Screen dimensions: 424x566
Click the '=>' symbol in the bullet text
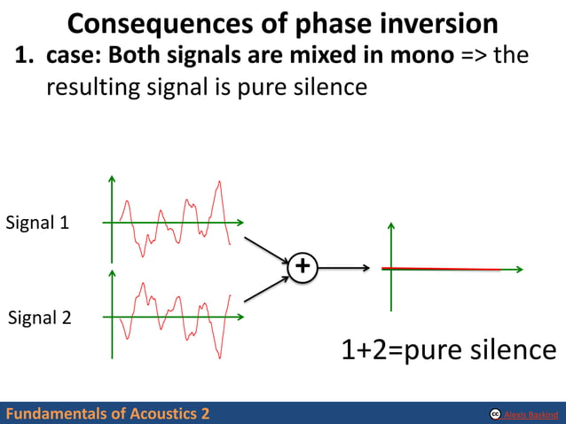(474, 56)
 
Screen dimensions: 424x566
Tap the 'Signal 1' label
(37, 223)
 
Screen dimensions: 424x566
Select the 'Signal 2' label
(39, 317)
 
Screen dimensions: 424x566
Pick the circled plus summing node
(303, 266)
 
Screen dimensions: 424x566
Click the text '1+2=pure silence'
(449, 349)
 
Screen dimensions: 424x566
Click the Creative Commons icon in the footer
(494, 414)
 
